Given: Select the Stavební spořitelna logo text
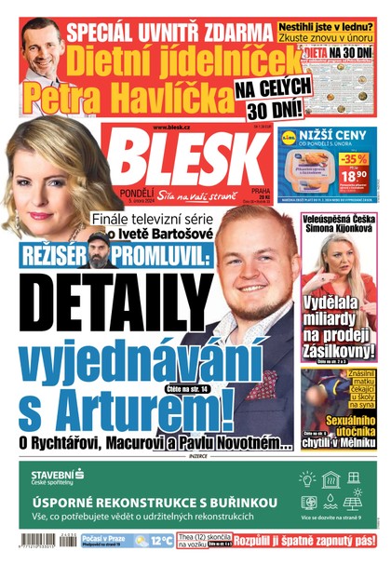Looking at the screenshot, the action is tap(60, 478).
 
